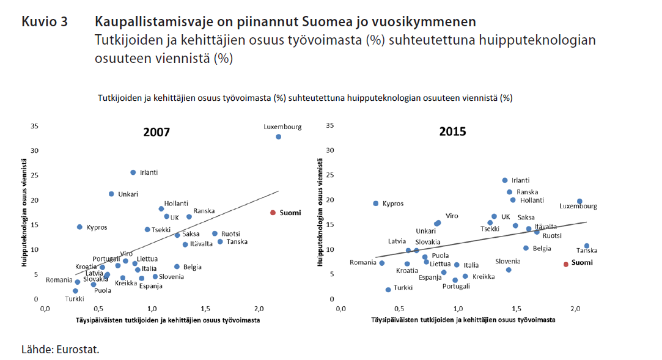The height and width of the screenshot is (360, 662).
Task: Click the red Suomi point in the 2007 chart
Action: coord(273,213)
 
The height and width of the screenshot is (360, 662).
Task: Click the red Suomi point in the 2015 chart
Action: coord(566,264)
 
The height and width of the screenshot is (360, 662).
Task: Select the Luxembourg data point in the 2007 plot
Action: coord(278,136)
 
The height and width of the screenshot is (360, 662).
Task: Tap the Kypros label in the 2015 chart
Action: coord(393,204)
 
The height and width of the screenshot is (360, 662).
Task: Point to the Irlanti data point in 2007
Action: coord(133,172)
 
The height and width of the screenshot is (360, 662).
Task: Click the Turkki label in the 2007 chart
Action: coord(75,299)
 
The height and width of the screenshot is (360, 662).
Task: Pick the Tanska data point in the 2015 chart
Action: coord(586,246)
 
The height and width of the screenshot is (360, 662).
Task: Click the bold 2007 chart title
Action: coord(156,132)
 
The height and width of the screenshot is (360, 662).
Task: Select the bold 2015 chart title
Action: coord(452,131)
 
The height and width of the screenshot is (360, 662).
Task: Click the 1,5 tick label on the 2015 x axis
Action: coord(515,309)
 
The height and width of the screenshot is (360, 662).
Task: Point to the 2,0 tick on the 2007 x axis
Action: coord(259,309)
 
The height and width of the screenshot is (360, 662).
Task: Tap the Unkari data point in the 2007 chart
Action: coord(111,194)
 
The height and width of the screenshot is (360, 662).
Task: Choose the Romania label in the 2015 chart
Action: coord(362,262)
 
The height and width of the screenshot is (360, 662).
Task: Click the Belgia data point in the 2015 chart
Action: coord(526,248)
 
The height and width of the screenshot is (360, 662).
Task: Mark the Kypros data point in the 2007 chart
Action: coord(79,227)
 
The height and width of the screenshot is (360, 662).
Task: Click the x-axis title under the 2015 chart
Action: coord(464,320)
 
